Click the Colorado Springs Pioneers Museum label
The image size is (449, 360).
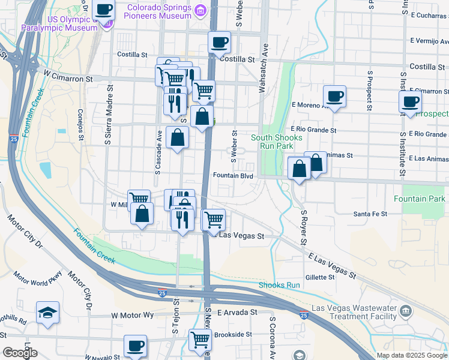pyautogui.click(x=159, y=12)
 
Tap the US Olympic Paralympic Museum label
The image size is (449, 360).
pyautogui.click(x=59, y=23)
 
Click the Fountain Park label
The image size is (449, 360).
pyautogui.click(x=420, y=199)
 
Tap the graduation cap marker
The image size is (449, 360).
pyautogui.click(x=47, y=313)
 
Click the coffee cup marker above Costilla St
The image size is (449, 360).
pyautogui.click(x=219, y=43)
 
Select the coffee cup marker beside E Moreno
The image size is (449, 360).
pyautogui.click(x=334, y=96)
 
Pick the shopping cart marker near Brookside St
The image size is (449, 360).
pyautogui.click(x=200, y=340)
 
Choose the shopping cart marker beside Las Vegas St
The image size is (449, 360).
pyautogui.click(x=214, y=220)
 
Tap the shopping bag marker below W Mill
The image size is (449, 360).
pyautogui.click(x=142, y=215)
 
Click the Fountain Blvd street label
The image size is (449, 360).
pyautogui.click(x=233, y=176)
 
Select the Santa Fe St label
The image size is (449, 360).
pyautogui.click(x=370, y=214)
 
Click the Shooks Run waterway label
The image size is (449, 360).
pyautogui.click(x=279, y=285)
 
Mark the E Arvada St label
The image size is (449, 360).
pyautogui.click(x=237, y=313)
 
